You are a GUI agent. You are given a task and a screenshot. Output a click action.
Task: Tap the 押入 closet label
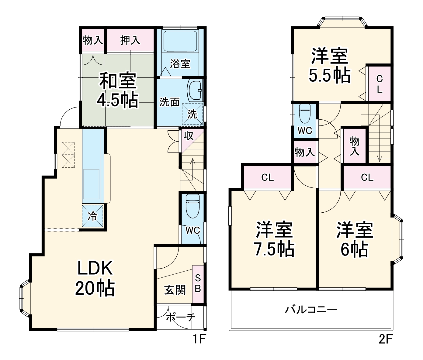[130, 40]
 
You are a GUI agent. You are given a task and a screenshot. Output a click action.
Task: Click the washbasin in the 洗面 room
[195, 90]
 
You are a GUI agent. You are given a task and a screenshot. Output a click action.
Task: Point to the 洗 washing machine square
[192, 114]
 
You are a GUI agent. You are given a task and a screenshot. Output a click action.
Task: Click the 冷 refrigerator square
[93, 216]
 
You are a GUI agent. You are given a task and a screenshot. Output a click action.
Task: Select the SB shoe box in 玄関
[198, 284]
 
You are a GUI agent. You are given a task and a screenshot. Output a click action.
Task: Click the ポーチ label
[180, 317]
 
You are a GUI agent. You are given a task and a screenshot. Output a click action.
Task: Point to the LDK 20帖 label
[95, 278]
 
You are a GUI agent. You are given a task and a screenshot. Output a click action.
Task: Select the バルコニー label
[311, 310]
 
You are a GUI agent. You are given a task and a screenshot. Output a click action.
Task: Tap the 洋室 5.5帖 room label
[330, 65]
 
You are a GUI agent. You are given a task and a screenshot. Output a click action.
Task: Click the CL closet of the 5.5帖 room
[379, 84]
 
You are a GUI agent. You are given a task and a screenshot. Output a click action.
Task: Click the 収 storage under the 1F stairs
[189, 136]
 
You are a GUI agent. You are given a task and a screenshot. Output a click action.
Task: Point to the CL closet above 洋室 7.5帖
[268, 177]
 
